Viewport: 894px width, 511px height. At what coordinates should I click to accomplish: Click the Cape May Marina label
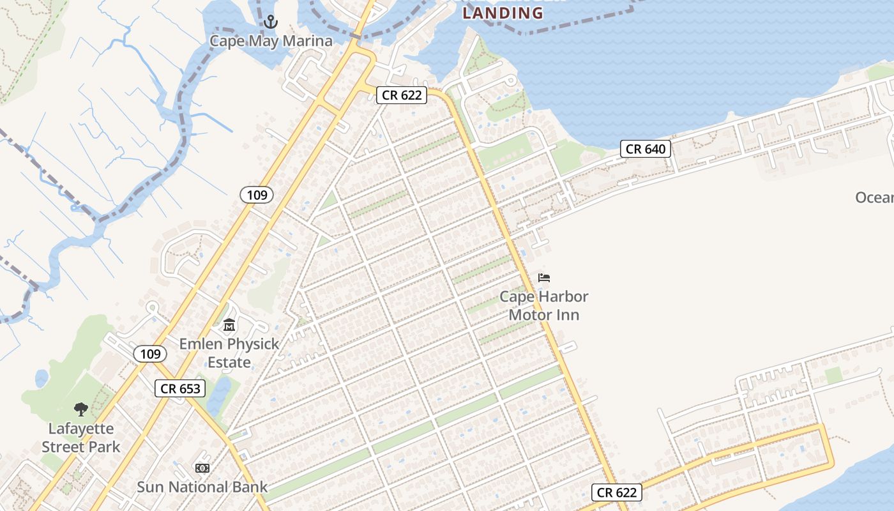click(x=271, y=42)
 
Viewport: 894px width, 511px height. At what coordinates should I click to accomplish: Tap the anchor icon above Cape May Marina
click(x=271, y=22)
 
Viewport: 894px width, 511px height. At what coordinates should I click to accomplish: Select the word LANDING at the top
click(x=503, y=13)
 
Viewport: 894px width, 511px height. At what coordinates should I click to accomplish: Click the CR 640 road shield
click(x=646, y=149)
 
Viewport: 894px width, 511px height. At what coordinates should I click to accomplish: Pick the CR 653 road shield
click(x=180, y=388)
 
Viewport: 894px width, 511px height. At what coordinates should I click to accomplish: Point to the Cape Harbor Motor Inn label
click(x=543, y=305)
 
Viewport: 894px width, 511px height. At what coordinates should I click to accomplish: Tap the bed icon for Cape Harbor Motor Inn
click(x=544, y=278)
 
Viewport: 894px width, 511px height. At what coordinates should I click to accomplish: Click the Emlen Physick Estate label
click(x=229, y=353)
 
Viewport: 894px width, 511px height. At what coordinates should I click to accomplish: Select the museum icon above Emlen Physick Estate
click(x=229, y=326)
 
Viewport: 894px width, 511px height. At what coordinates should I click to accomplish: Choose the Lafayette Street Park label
click(x=80, y=438)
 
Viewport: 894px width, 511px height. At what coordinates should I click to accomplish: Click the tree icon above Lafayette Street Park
click(x=80, y=409)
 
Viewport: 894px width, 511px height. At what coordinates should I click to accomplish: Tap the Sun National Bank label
click(x=202, y=487)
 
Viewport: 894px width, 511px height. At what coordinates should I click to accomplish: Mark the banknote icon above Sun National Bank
click(x=202, y=468)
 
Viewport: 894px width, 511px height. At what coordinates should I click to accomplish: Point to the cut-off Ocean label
click(x=874, y=197)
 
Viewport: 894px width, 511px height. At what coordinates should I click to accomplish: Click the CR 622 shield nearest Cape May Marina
click(x=401, y=95)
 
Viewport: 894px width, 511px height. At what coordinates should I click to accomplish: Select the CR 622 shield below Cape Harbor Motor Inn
click(x=616, y=492)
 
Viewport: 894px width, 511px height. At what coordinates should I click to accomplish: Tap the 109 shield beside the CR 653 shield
click(x=150, y=354)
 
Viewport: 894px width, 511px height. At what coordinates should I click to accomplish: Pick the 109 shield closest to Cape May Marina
click(x=257, y=195)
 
